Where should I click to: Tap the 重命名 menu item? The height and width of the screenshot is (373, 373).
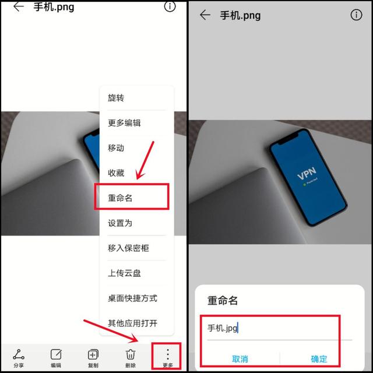coord(121,198)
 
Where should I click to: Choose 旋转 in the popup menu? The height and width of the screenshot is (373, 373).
coord(116,98)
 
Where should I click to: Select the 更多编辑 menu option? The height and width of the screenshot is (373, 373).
coord(124,123)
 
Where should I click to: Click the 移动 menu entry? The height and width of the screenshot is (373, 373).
coord(116,148)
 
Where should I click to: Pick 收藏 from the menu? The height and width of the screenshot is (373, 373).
coord(116,173)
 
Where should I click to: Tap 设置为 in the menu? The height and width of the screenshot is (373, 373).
coord(120,223)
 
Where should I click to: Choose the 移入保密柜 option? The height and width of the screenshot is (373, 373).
coord(128,248)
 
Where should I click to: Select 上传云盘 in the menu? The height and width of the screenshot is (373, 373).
coord(124,273)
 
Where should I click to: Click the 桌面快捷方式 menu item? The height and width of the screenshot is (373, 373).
coord(132,298)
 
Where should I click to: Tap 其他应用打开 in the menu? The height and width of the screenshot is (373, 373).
coord(132,323)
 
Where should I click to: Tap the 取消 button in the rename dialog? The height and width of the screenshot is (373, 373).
coord(240,359)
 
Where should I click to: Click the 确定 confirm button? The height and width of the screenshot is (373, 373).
coord(319,359)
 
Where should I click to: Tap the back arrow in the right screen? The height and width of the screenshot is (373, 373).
coord(205,15)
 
